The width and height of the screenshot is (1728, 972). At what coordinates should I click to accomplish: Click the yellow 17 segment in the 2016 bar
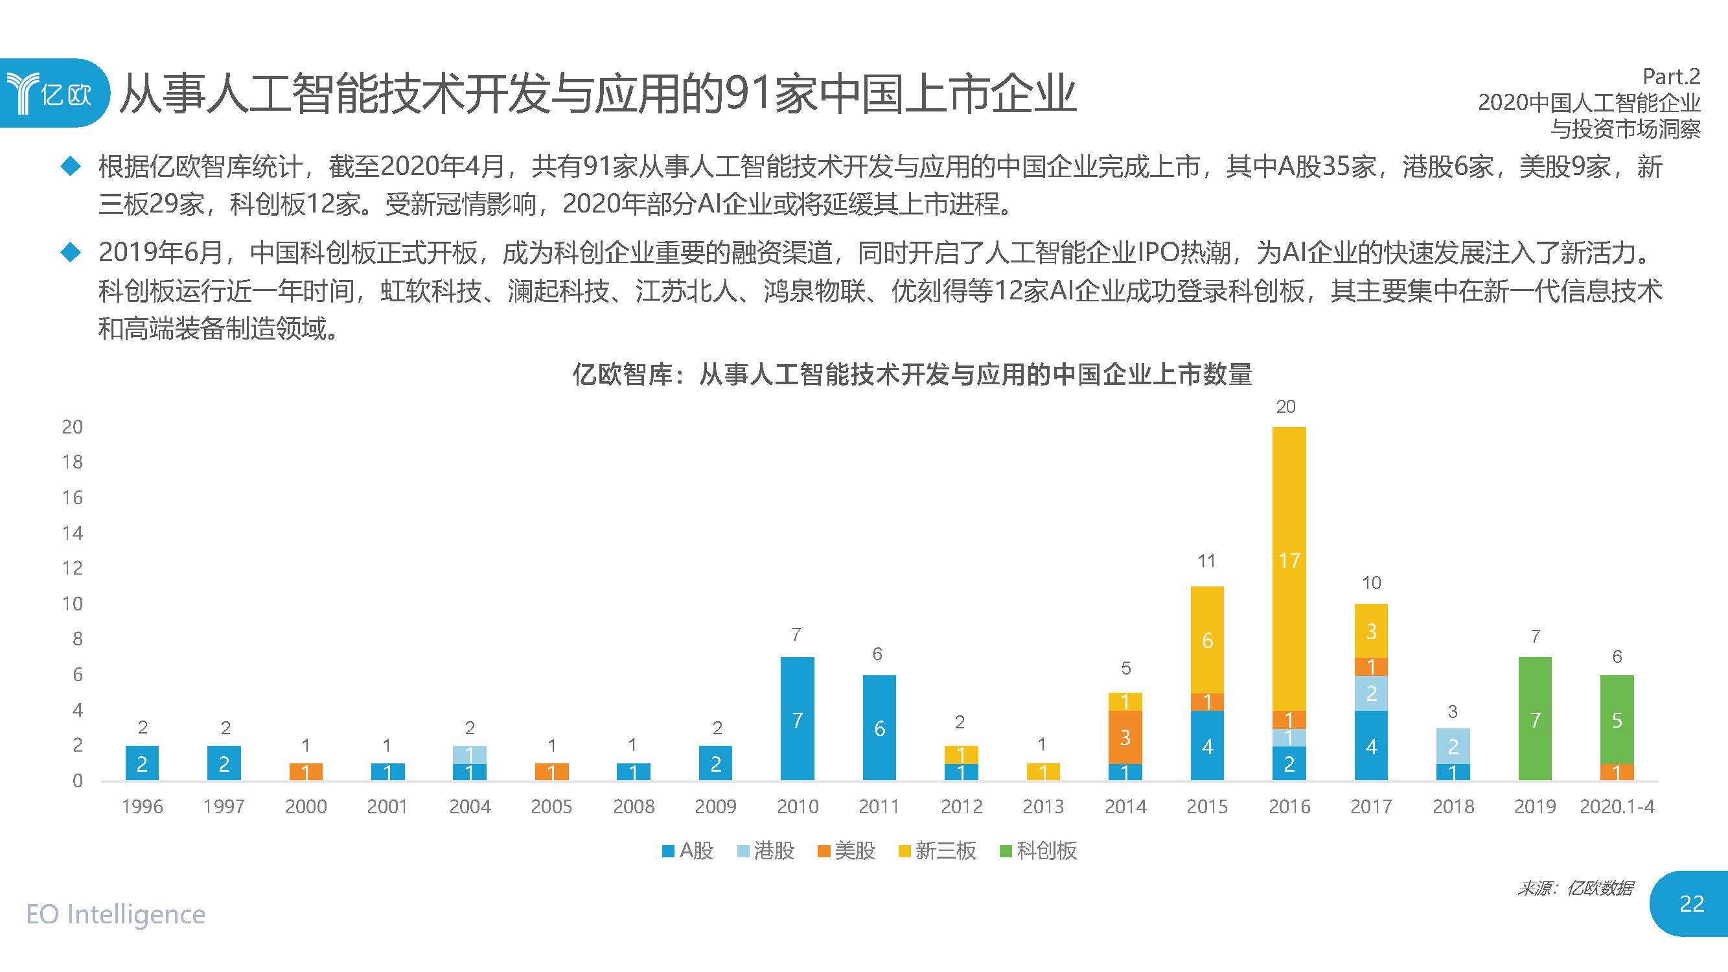click(1289, 568)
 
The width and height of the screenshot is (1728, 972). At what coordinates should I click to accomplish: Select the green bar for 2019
click(1535, 719)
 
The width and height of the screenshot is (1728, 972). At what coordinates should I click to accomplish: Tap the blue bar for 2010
click(797, 719)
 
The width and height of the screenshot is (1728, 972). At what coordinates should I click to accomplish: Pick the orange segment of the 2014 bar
click(1125, 737)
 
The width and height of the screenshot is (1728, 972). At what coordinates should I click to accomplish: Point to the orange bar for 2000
click(306, 772)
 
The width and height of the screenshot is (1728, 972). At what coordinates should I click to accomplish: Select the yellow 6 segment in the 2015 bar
click(1207, 640)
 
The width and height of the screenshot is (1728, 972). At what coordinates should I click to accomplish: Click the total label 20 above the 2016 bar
click(1285, 406)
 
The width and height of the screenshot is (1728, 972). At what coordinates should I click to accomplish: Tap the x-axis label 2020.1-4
click(1617, 806)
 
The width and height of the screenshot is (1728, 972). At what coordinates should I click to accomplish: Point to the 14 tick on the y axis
click(73, 533)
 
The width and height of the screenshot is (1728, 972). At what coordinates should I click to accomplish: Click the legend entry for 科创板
click(1039, 851)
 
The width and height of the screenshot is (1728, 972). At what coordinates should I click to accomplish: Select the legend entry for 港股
click(766, 851)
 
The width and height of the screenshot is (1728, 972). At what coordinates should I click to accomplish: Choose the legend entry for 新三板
click(937, 851)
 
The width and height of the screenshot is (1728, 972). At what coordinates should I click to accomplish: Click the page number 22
click(1691, 904)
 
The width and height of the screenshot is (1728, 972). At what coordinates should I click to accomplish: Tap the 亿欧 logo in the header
click(50, 93)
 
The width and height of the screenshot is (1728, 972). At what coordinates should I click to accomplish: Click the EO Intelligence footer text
click(115, 914)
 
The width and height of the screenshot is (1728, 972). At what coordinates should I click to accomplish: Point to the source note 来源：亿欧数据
click(1575, 888)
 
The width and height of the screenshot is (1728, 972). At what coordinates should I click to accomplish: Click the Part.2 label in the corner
click(1671, 76)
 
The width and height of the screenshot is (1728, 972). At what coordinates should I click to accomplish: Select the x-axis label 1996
click(142, 806)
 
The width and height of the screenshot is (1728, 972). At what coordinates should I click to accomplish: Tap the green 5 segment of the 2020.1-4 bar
click(1617, 720)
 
